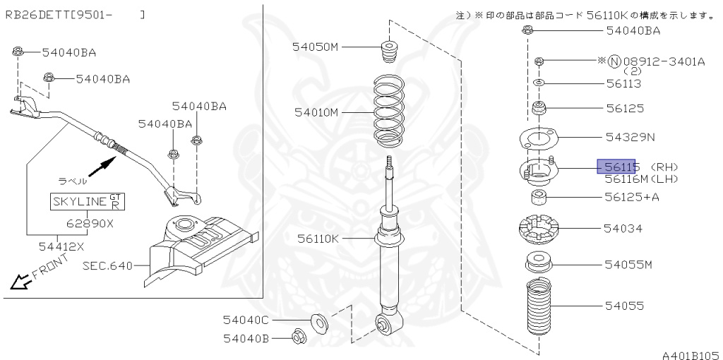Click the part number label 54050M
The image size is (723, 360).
315,47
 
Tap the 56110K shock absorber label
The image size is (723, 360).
318,239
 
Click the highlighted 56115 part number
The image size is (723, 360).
616,167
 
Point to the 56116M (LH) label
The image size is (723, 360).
641,179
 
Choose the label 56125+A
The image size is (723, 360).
632,197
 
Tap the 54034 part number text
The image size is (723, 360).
623,228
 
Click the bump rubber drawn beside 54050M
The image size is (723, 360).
389,53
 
